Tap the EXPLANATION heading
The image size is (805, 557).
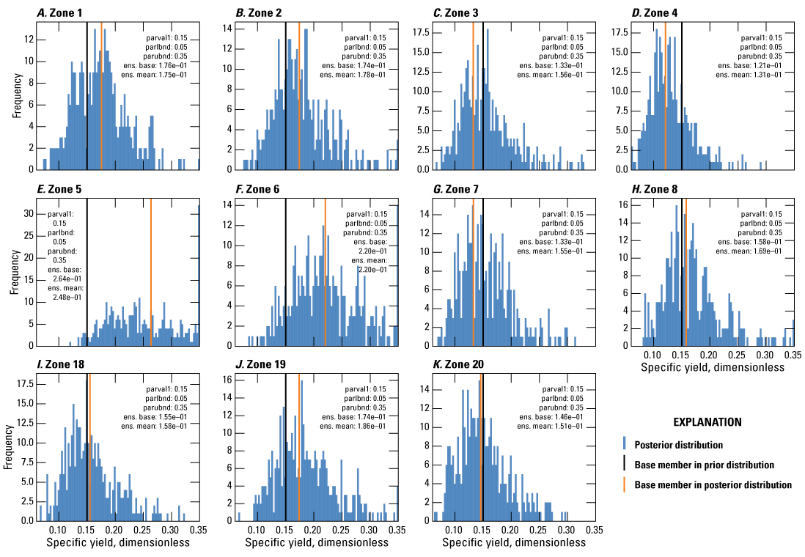click(x=707, y=422)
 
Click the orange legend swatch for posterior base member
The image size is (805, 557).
click(x=624, y=484)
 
